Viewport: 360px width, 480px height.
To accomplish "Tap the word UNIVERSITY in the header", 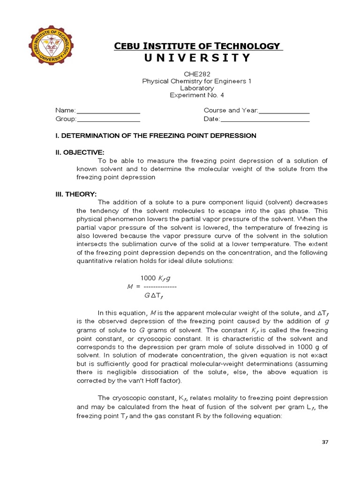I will (200, 58).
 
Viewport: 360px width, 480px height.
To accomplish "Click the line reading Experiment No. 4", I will (197, 95).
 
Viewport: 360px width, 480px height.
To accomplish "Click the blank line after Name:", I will (108, 111).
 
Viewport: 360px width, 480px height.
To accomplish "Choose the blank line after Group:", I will (109, 120).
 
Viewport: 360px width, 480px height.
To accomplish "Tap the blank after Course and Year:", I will (285, 111).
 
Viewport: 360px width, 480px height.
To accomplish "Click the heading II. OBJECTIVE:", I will (80, 152).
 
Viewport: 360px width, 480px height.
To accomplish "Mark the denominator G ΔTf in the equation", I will (153, 296).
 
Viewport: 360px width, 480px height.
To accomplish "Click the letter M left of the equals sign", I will (130, 287).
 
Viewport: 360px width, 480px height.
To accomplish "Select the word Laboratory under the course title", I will (197, 88).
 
